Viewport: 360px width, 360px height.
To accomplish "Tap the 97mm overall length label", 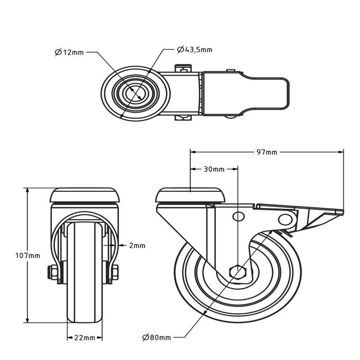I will pos(267,152).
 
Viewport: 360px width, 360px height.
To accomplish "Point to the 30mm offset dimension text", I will pos(213,169).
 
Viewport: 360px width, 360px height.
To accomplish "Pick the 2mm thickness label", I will pos(137,246).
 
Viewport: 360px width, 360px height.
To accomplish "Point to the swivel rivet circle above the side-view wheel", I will pos(238,216).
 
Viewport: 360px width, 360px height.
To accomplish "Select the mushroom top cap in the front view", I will pos(85,196).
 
